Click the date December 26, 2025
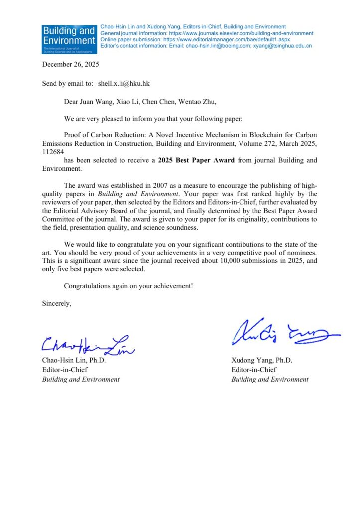point(71,64)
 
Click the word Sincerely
point(57,303)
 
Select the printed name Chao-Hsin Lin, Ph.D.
point(74,360)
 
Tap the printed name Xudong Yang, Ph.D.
point(261,360)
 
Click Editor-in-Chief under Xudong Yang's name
point(254,370)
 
